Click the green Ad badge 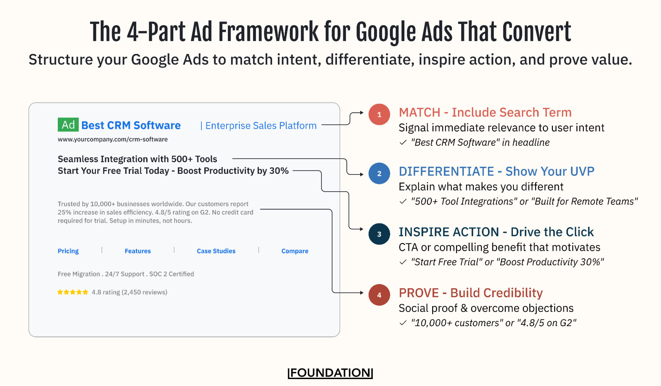pos(68,125)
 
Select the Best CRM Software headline pos(131,125)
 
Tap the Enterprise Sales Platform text pos(261,126)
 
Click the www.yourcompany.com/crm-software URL pos(112,139)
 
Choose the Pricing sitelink pos(68,251)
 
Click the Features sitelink pos(138,251)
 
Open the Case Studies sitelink pos(216,251)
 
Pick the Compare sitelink pos(295,251)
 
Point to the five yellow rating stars pos(73,292)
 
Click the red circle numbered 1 pos(379,115)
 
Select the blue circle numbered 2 pos(379,173)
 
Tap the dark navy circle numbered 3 pos(379,234)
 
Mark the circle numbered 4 pos(379,295)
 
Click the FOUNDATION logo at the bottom pos(330,373)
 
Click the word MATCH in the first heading pos(419,113)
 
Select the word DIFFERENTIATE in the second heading pos(446,171)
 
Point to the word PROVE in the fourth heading pos(419,293)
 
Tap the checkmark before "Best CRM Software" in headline pos(403,143)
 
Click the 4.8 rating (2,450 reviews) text pos(129,292)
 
